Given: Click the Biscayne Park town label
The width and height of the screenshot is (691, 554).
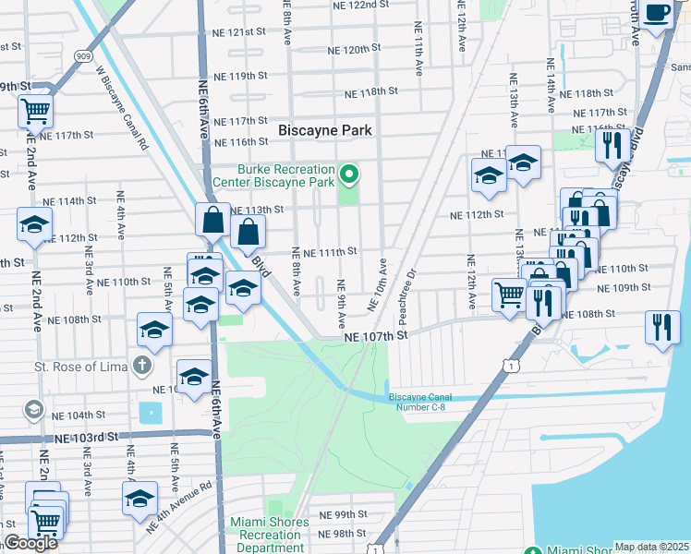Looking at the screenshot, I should pyautogui.click(x=325, y=131).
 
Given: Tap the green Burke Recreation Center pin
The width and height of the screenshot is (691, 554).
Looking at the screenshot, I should pyautogui.click(x=349, y=173).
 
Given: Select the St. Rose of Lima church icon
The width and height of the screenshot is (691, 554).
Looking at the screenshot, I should pyautogui.click(x=140, y=366).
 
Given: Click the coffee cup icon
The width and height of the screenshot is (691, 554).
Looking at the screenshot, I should pyautogui.click(x=658, y=13).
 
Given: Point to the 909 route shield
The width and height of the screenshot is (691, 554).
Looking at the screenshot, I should pyautogui.click(x=84, y=56).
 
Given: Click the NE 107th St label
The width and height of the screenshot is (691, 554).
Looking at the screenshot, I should pyautogui.click(x=376, y=337).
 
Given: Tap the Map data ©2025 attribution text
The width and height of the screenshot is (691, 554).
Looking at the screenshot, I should pyautogui.click(x=651, y=547).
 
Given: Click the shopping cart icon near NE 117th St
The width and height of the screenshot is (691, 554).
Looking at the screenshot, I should pyautogui.click(x=35, y=111).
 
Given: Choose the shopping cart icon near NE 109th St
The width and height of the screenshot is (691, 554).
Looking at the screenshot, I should pyautogui.click(x=510, y=295).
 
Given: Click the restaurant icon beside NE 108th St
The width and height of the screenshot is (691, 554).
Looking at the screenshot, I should pyautogui.click(x=662, y=327).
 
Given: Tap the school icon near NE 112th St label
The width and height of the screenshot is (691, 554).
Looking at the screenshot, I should pyautogui.click(x=34, y=224).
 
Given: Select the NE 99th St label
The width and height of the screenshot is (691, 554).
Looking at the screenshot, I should pyautogui.click(x=343, y=514).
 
